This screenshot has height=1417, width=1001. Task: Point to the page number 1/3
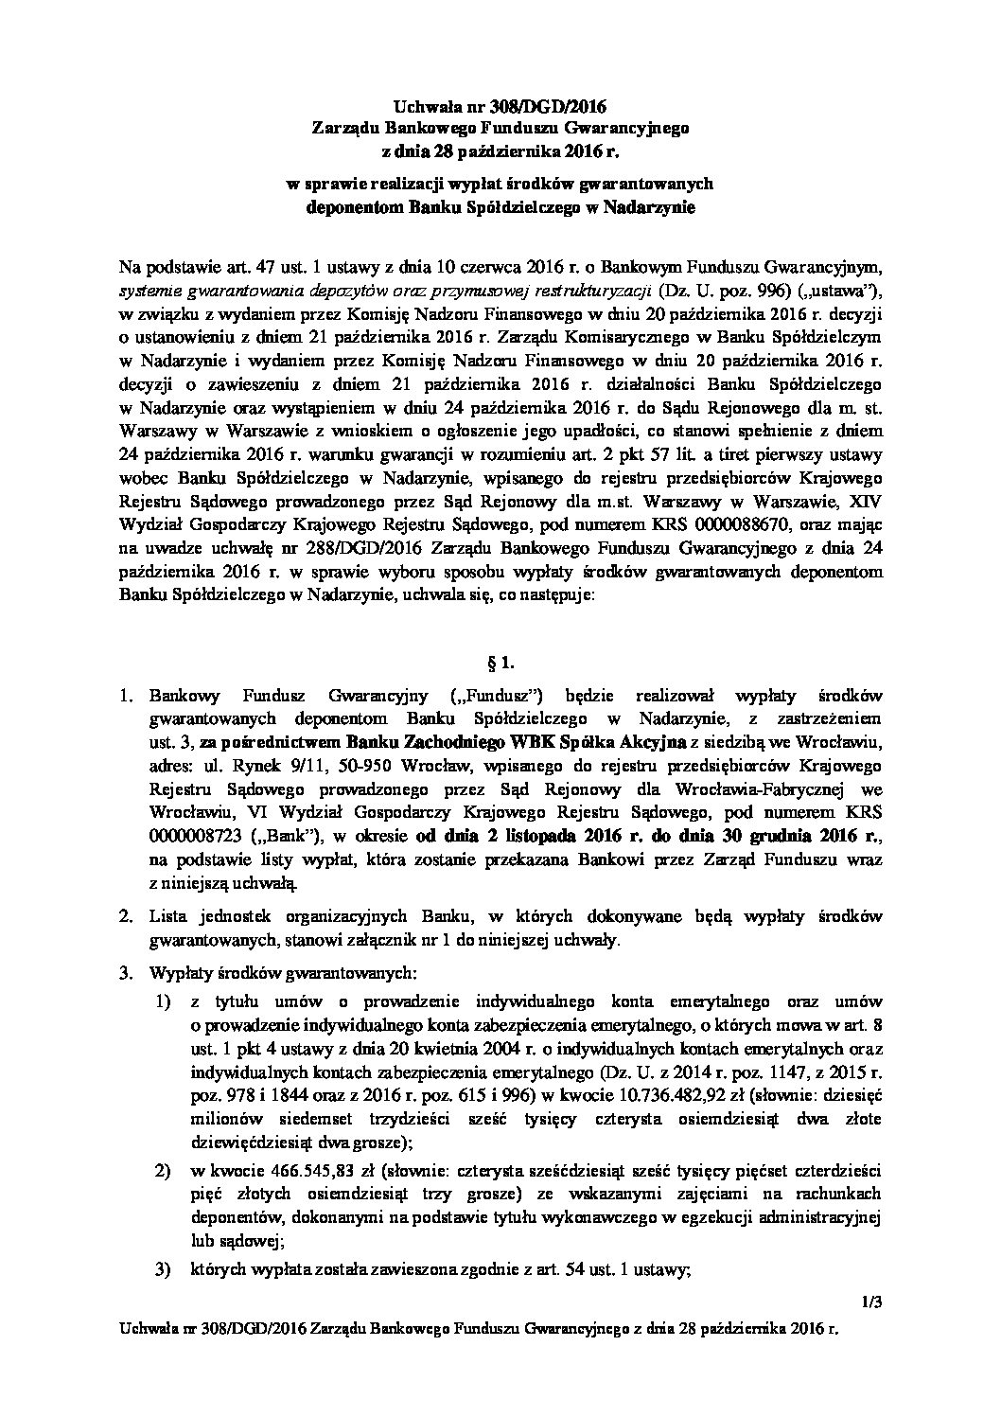click(872, 1302)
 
